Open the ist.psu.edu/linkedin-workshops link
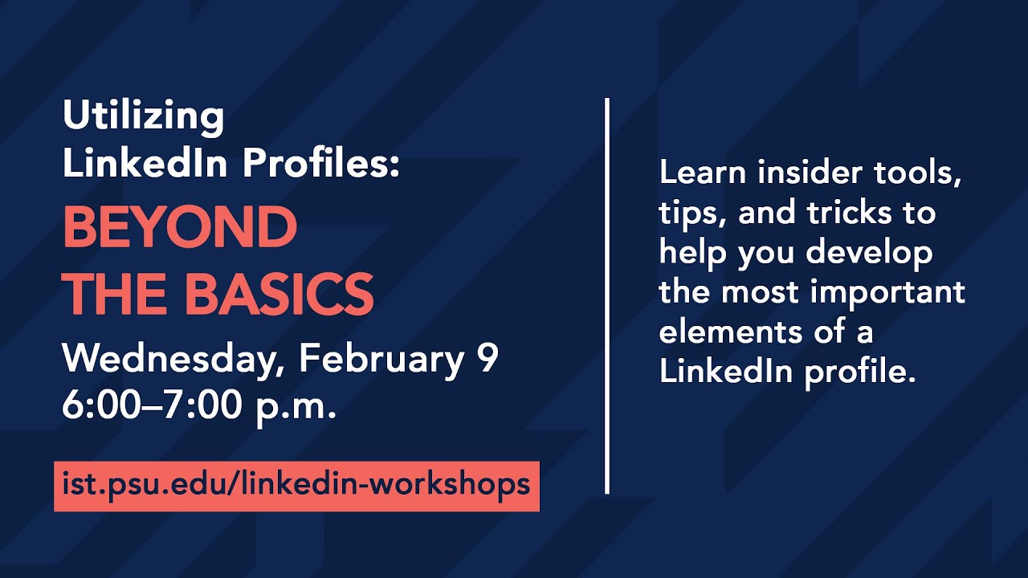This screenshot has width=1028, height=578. pos(296,485)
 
